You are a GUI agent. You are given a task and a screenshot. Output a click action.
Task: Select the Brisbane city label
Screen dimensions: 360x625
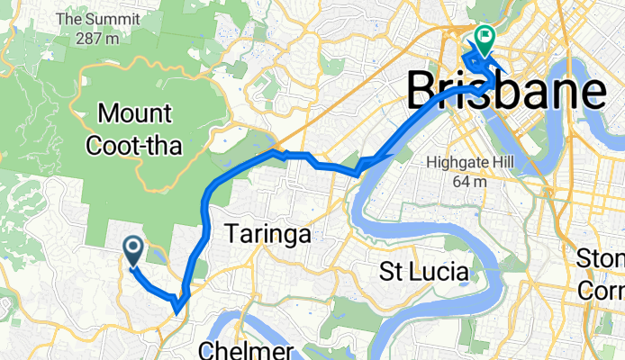pyautogui.click(x=506, y=90)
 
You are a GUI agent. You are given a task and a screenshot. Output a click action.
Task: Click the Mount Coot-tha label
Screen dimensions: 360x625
pyautogui.click(x=141, y=130)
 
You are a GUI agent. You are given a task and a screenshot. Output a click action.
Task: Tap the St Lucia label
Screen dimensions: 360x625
pyautogui.click(x=423, y=271)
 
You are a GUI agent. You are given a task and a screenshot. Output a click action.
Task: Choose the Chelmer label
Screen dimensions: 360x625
pyautogui.click(x=245, y=349)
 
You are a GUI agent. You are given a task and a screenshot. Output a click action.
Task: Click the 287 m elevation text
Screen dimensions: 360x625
pyautogui.click(x=99, y=38)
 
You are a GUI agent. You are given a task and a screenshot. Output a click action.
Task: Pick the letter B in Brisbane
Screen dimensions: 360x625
pyautogui.click(x=425, y=90)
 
